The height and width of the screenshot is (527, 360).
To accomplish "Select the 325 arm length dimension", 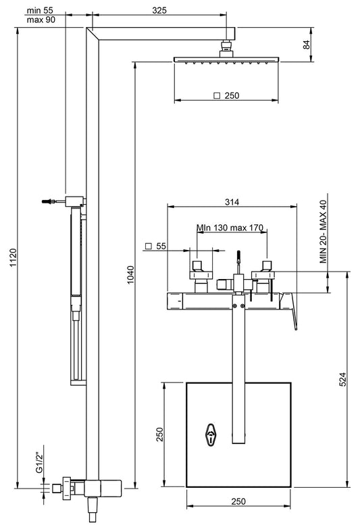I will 160,10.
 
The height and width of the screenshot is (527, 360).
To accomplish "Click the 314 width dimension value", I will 232,201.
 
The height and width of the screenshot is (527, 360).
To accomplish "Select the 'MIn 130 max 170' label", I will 230,228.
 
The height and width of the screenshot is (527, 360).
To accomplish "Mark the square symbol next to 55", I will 148,247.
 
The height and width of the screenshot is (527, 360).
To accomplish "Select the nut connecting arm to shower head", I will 226,48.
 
